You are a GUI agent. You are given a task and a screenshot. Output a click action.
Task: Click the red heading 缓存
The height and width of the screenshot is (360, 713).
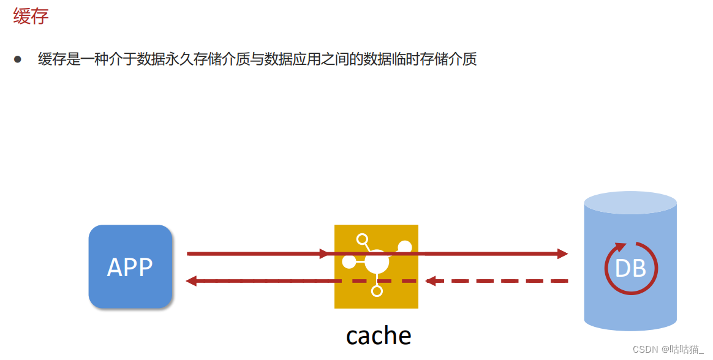31,17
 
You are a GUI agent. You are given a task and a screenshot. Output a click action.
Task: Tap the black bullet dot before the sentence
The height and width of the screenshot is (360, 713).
18,59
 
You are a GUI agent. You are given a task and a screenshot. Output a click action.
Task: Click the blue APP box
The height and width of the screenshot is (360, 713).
130,266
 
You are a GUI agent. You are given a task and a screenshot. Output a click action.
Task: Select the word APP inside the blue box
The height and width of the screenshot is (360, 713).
130,267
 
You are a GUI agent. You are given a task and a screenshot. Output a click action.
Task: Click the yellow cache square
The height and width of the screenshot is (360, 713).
376,266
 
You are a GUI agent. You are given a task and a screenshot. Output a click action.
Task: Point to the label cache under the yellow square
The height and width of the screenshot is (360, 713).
379,336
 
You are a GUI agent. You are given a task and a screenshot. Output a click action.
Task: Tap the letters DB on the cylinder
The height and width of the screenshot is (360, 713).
630,268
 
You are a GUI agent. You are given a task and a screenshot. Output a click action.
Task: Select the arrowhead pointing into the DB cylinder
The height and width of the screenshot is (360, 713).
563,253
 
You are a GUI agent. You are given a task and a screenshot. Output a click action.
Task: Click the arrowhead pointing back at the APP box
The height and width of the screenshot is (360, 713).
191,281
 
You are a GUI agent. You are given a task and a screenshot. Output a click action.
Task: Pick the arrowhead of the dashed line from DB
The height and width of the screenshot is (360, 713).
431,281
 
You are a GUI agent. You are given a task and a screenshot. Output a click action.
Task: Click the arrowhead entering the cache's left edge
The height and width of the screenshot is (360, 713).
324,253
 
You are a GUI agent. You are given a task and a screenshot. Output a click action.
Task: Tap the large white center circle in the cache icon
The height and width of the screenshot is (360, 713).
376,262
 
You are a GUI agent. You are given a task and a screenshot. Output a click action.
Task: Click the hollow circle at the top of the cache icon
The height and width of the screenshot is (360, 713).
362,239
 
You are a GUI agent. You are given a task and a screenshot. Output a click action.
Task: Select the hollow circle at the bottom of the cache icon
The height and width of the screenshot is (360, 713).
377,291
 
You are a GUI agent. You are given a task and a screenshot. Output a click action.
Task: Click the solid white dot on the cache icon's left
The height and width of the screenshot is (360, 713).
349,262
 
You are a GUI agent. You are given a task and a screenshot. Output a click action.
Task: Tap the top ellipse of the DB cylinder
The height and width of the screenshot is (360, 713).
630,203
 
